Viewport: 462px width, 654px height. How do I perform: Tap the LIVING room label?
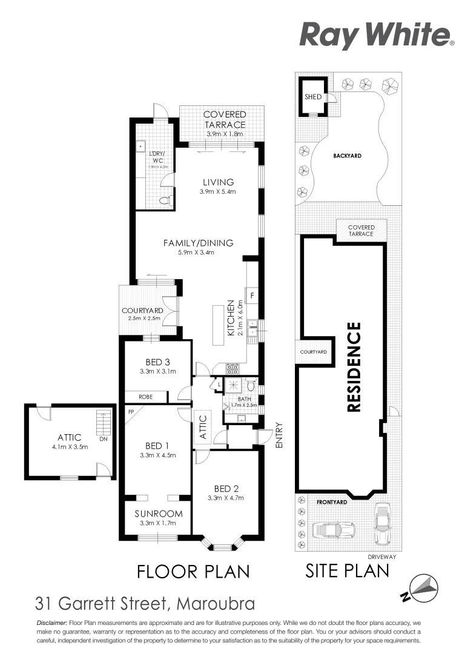pyautogui.click(x=218, y=182)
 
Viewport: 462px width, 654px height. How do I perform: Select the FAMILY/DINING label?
pyautogui.click(x=198, y=243)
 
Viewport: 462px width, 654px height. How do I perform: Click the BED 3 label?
pyautogui.click(x=157, y=363)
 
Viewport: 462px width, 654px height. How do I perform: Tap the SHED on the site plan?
pyautogui.click(x=313, y=97)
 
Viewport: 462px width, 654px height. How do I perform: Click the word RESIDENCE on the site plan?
pyautogui.click(x=354, y=367)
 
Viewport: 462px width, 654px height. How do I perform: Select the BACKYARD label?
pyautogui.click(x=347, y=156)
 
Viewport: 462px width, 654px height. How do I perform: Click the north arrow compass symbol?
pyautogui.click(x=421, y=587)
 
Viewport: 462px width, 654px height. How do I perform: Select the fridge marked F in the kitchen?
pyautogui.click(x=253, y=296)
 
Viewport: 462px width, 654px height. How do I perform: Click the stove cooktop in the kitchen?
pyautogui.click(x=233, y=368)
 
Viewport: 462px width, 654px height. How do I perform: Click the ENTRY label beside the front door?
pyautogui.click(x=279, y=435)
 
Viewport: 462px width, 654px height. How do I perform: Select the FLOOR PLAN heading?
pyautogui.click(x=193, y=571)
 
